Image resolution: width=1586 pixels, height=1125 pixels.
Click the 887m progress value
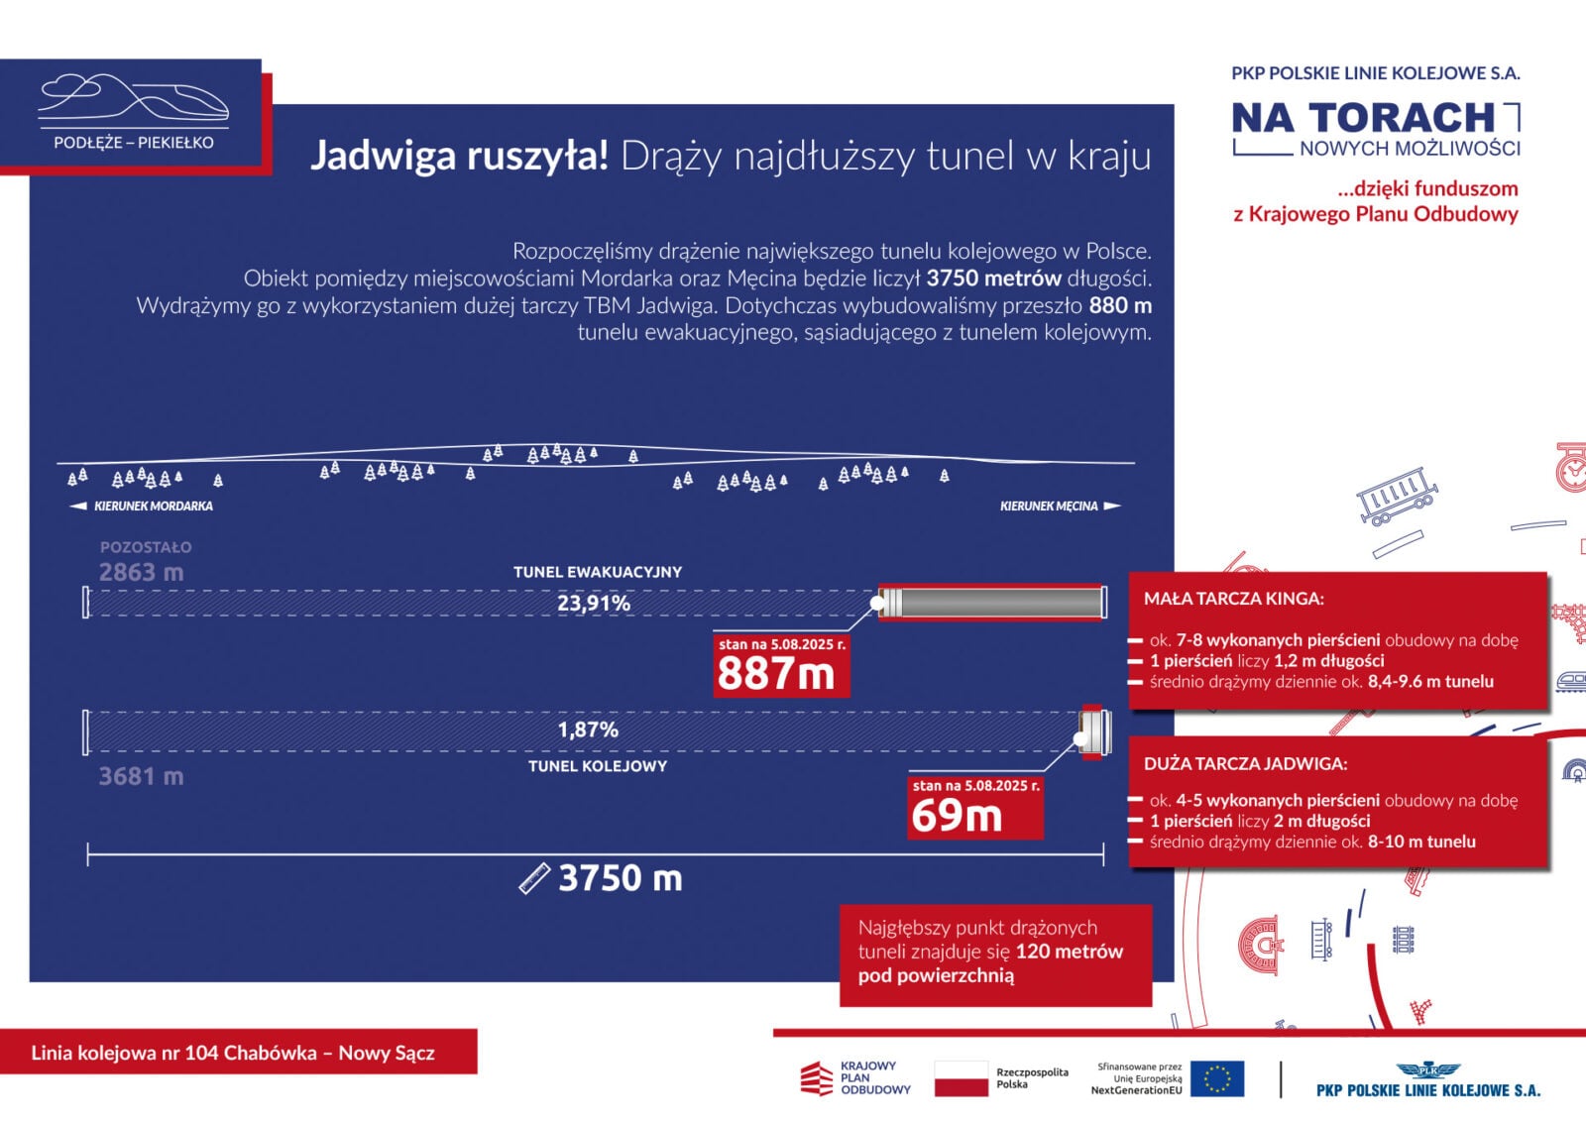click(776, 674)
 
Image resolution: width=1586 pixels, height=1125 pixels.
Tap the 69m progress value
click(957, 816)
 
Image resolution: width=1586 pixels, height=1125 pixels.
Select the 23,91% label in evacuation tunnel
click(593, 603)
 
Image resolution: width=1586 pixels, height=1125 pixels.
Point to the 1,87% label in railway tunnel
click(588, 730)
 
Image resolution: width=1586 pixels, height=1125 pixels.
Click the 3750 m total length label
click(620, 878)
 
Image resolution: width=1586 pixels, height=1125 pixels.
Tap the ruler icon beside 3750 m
click(534, 878)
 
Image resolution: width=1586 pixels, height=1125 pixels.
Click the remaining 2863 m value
click(141, 572)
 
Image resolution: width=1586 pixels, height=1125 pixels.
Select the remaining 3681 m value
click(141, 776)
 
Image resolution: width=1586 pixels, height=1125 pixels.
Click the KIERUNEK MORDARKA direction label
click(153, 506)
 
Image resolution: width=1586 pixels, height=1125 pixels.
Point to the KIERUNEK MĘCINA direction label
click(1049, 506)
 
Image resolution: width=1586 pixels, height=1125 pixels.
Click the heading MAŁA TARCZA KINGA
click(1233, 599)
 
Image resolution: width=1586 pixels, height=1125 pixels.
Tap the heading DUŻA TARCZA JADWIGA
click(1245, 764)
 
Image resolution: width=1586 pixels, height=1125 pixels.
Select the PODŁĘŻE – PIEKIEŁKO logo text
click(134, 143)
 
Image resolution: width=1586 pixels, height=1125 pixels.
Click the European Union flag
click(1216, 1078)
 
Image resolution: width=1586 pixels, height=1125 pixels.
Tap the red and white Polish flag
click(961, 1078)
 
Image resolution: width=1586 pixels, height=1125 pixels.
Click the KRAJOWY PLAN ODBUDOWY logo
click(854, 1078)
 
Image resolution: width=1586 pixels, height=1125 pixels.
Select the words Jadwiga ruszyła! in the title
click(459, 156)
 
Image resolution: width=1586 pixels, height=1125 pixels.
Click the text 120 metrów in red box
click(1069, 952)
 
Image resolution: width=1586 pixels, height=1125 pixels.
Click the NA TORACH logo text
click(1363, 118)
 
